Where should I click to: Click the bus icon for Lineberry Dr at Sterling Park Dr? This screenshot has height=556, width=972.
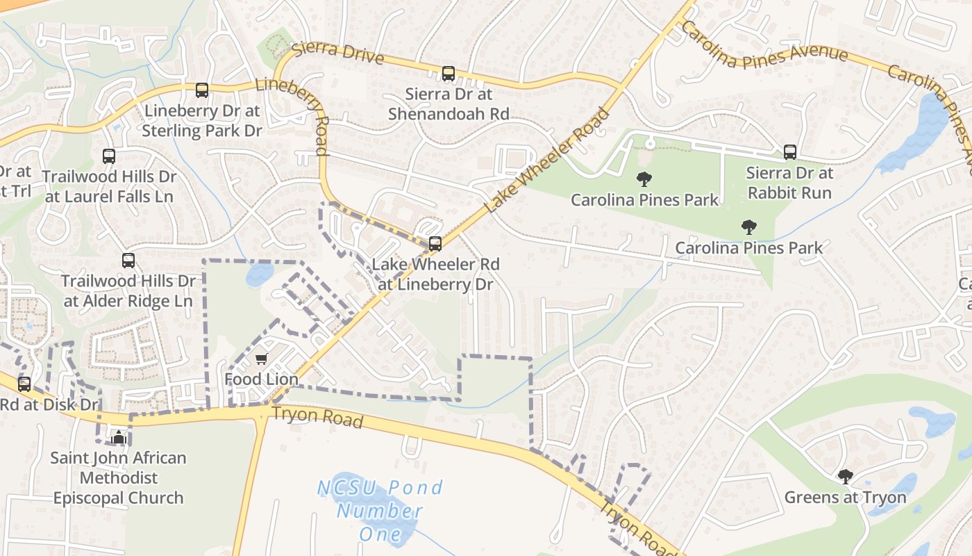[x=202, y=90]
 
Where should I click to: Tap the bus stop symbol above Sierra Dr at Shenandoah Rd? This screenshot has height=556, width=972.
[x=449, y=73]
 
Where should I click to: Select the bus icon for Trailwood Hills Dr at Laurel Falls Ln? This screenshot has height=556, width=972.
[x=109, y=156]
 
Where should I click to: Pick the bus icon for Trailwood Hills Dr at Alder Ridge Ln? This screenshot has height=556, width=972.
[x=128, y=261]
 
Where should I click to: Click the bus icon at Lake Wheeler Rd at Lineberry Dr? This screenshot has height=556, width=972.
[x=435, y=243]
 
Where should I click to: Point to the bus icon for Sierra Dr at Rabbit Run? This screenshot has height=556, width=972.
[x=790, y=152]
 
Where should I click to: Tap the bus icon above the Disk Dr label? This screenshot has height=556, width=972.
[x=24, y=384]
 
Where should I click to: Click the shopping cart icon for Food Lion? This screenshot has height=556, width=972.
[x=262, y=359]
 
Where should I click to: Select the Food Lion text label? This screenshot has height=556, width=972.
[x=262, y=379]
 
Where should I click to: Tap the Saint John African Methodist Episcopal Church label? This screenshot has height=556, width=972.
[x=119, y=478]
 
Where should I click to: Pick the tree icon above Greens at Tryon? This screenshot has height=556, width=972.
[x=845, y=476]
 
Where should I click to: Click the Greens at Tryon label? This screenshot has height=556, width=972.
[x=845, y=498]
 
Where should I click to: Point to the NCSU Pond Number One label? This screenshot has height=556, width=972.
[x=380, y=511]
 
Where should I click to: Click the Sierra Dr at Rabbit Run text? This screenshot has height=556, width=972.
[x=790, y=182]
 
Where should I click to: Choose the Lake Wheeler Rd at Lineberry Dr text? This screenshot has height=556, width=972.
[x=435, y=275]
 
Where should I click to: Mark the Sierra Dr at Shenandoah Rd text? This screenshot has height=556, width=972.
[x=449, y=104]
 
